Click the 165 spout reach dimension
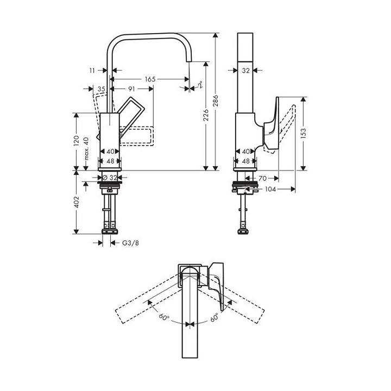[x=150, y=79]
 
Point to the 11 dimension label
[x=92, y=70]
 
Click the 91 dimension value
[x=132, y=89]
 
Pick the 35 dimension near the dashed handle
[x=102, y=89]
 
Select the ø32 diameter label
[x=110, y=178]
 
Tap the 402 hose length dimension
[x=77, y=202]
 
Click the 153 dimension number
[x=304, y=132]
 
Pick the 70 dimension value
[x=262, y=178]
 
